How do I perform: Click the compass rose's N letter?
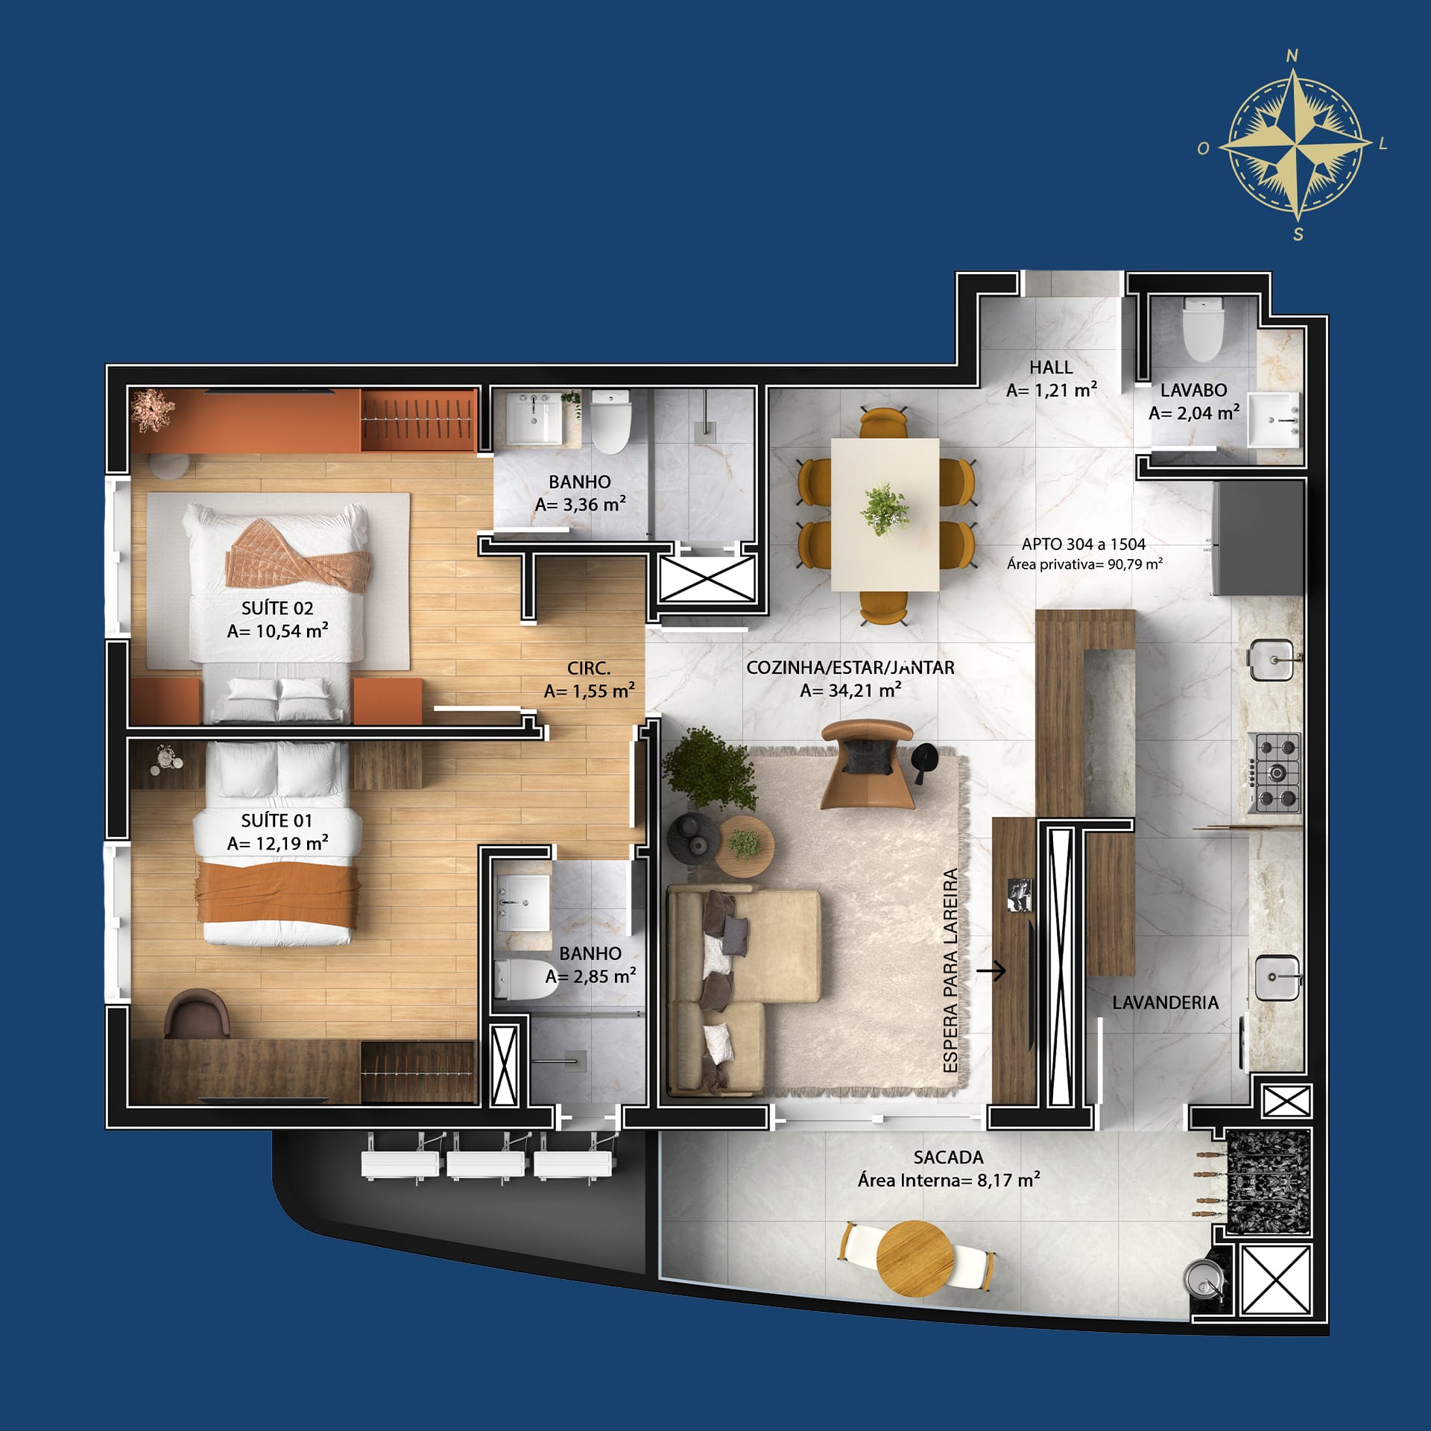[1292, 55]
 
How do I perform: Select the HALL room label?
[1051, 367]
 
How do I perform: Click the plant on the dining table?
[885, 510]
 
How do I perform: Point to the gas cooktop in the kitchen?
[1278, 773]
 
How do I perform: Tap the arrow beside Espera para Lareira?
[991, 970]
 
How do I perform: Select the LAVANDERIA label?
[1166, 1002]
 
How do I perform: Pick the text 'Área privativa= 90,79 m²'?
[1084, 564]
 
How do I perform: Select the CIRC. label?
[589, 669]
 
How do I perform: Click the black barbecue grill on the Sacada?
[1267, 1182]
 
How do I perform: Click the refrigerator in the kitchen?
[1258, 538]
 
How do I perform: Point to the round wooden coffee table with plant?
[745, 844]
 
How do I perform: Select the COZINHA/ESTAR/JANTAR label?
[850, 668]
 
